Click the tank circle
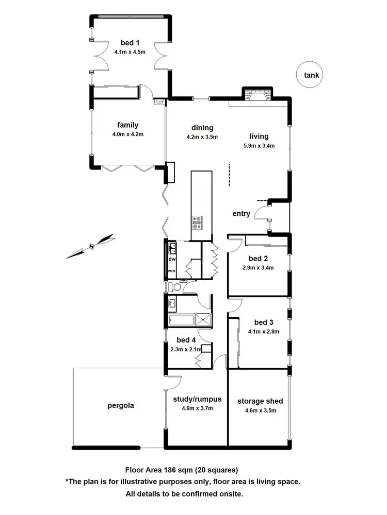(311, 75)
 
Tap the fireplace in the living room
(256, 95)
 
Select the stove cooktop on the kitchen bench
(197, 222)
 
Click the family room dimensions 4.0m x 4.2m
(127, 134)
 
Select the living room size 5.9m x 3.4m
(259, 146)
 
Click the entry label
(241, 214)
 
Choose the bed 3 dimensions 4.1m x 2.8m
(263, 332)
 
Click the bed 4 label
(186, 340)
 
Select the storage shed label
(260, 401)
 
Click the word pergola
(121, 405)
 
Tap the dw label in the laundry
(171, 259)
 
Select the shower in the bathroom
(204, 319)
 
